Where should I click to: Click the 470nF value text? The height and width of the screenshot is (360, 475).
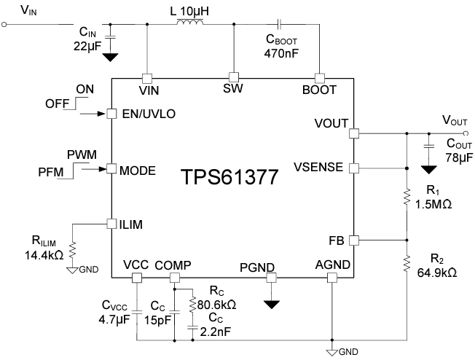[x=282, y=54]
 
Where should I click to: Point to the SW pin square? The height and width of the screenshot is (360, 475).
[x=234, y=77]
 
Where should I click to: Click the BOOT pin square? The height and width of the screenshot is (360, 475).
[x=318, y=77]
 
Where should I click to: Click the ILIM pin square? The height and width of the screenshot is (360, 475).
[x=111, y=223]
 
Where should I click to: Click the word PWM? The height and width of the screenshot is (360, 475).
[x=82, y=156]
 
